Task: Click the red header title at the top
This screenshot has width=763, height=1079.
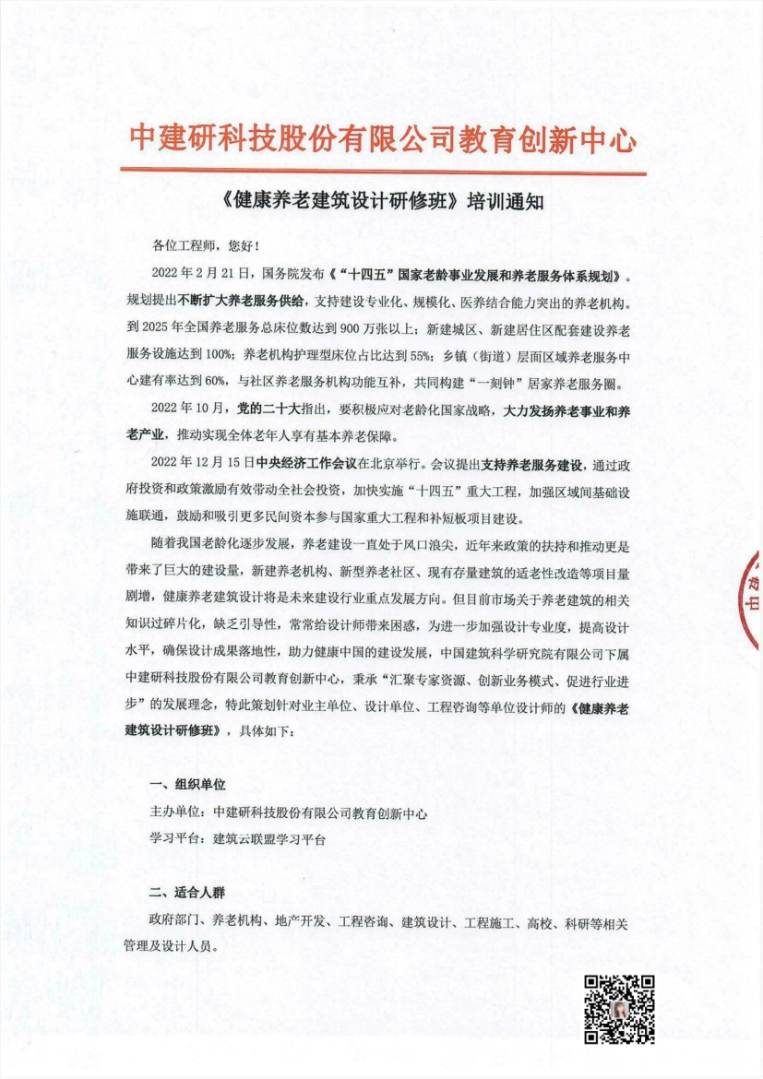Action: tap(382, 139)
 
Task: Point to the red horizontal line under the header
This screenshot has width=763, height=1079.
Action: tap(382, 169)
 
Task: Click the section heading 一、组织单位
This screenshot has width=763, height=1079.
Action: tap(187, 785)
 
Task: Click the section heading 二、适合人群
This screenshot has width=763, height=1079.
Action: tap(187, 894)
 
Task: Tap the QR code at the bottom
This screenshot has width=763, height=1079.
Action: tap(620, 1008)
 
